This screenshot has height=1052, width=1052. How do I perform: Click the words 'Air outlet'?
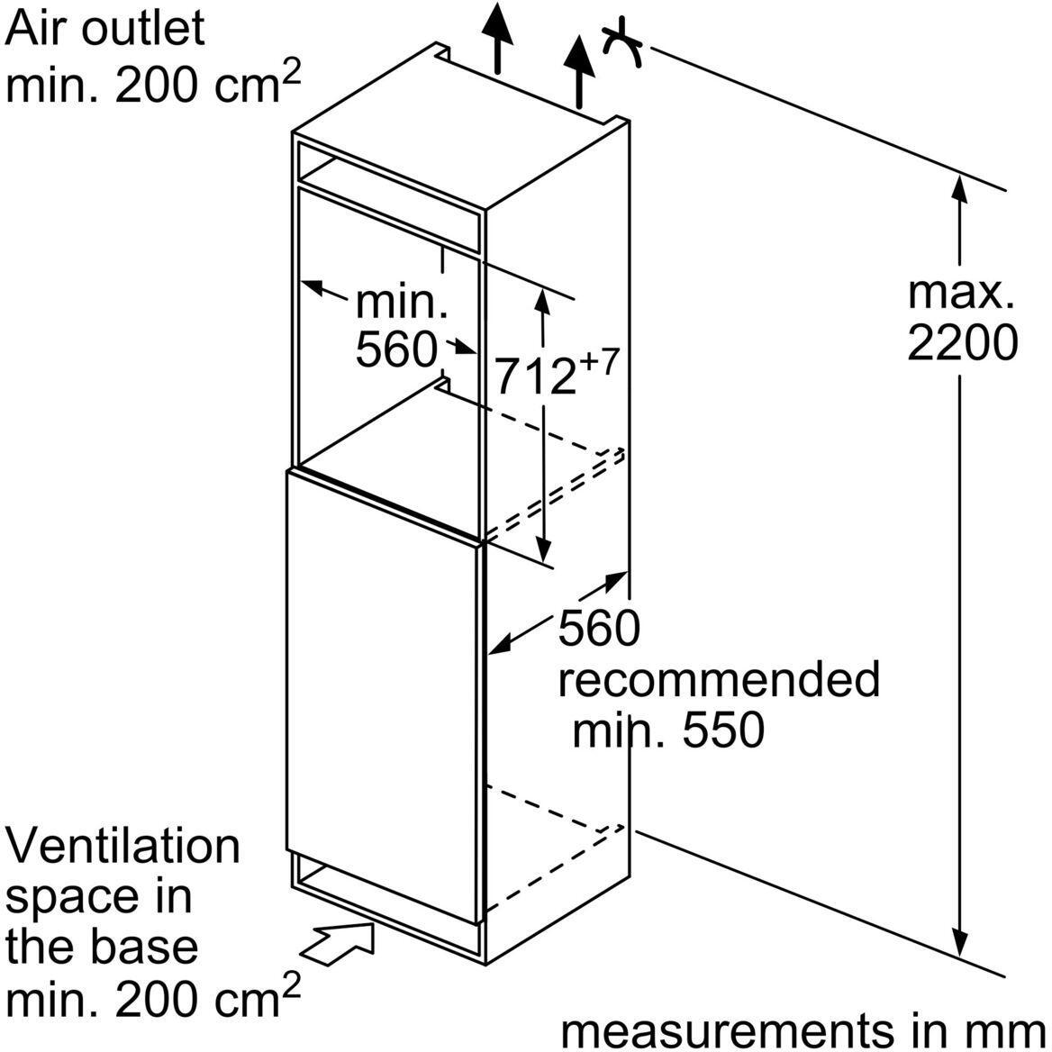[x=105, y=29]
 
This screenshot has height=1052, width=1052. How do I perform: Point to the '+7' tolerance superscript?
[x=598, y=362]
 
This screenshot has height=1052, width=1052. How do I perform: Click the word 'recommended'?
[x=718, y=680]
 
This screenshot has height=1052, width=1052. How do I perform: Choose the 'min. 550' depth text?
[x=668, y=730]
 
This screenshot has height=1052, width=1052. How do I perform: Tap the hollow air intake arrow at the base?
[x=341, y=946]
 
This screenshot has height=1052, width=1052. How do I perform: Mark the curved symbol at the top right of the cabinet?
[x=621, y=45]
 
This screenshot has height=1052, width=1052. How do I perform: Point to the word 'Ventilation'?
[x=123, y=847]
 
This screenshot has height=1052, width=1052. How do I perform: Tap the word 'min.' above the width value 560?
[x=402, y=303]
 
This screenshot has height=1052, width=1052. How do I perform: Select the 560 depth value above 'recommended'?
[x=598, y=629]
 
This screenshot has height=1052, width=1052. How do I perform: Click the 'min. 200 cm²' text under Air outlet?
[x=153, y=86]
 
